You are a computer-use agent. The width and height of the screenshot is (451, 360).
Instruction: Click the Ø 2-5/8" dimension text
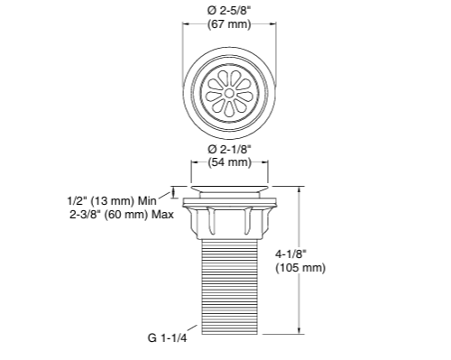[x=230, y=10]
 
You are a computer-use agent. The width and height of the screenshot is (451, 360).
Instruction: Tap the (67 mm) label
[x=230, y=24]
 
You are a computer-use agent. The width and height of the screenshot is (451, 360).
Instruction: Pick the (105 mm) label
[x=326, y=269]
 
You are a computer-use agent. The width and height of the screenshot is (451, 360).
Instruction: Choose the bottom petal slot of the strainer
[x=230, y=108]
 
